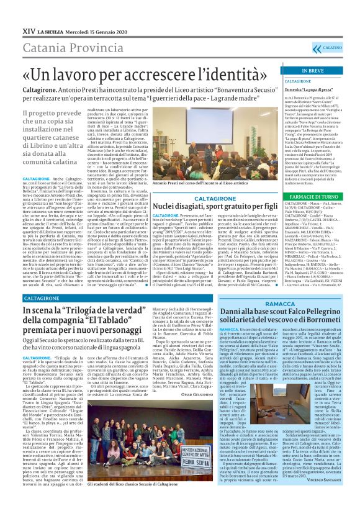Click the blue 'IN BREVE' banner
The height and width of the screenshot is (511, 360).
[314, 71]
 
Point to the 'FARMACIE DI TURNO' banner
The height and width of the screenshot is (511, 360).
[314, 196]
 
